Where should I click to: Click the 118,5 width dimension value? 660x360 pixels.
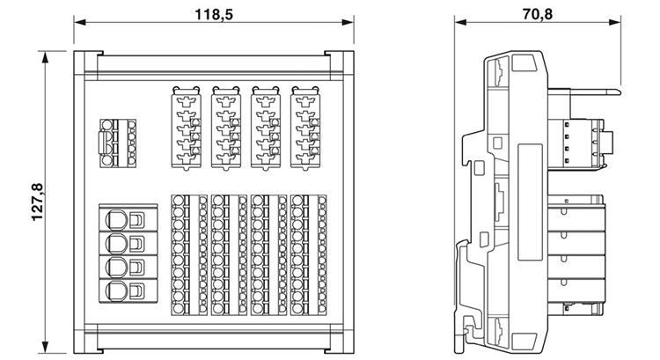[x=209, y=15]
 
